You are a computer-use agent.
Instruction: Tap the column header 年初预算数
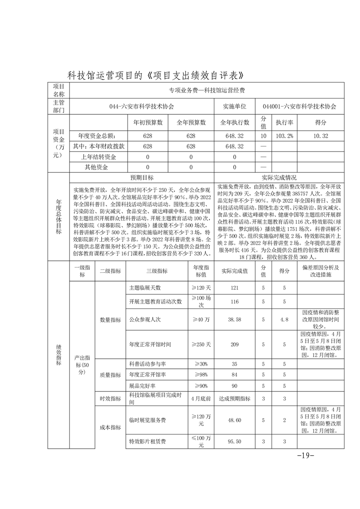(x=148, y=122)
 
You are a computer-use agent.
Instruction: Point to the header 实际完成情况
(x=279, y=177)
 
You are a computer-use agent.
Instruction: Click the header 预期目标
(x=142, y=177)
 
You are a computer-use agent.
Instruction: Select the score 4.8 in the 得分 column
(x=285, y=319)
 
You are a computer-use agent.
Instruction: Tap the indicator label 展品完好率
(x=141, y=386)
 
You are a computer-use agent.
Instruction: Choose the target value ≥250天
(x=200, y=344)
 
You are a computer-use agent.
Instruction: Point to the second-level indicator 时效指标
(x=110, y=398)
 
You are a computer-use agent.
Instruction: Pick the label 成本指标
(x=110, y=427)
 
